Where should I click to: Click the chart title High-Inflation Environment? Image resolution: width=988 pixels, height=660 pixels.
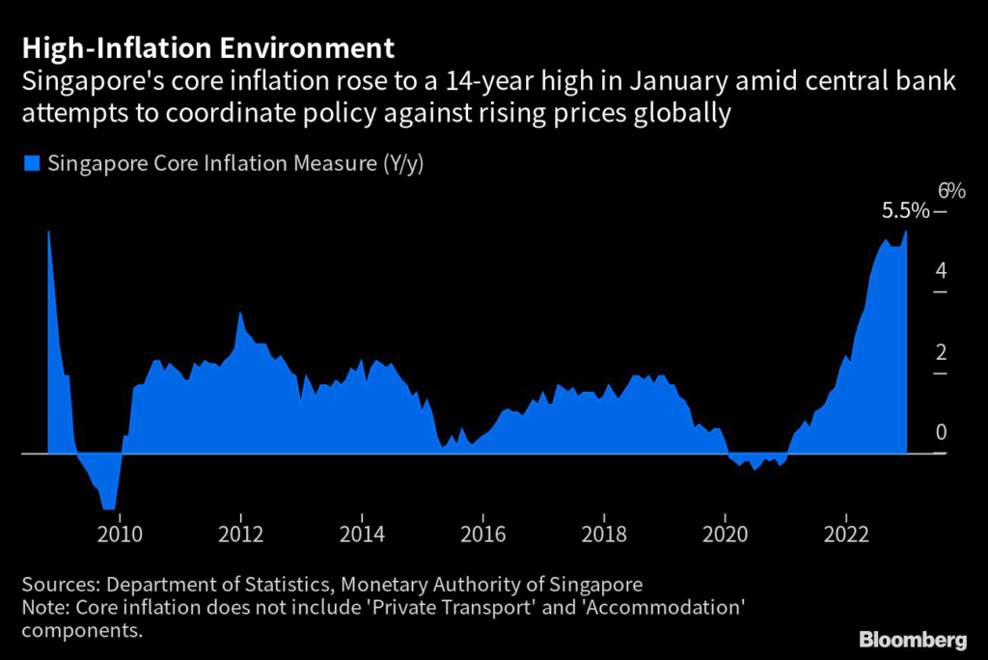207,47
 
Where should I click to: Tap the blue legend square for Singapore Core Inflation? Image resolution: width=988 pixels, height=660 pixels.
31,164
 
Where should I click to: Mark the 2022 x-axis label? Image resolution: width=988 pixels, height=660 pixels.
846,533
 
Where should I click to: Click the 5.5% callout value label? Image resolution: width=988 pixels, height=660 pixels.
906,210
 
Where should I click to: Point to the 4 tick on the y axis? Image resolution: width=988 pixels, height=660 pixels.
941,271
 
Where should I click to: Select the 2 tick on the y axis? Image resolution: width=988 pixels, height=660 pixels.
941,352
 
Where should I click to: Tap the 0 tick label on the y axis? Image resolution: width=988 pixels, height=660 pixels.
941,432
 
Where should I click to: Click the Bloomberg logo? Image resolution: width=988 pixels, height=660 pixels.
913,640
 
